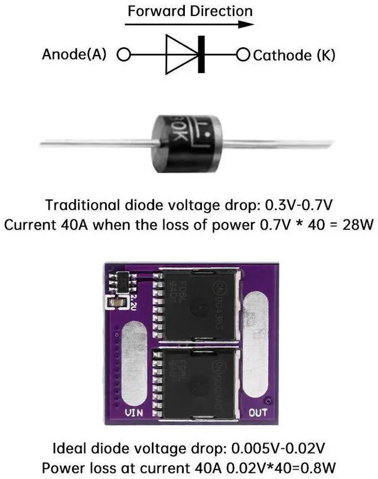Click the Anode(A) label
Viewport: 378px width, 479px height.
pos(74,55)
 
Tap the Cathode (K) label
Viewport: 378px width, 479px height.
pos(294,55)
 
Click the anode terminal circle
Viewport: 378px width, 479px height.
pos(123,55)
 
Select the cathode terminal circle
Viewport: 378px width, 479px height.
pos(243,55)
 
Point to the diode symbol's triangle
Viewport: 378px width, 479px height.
pos(180,55)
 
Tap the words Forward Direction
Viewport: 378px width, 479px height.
pos(190,11)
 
